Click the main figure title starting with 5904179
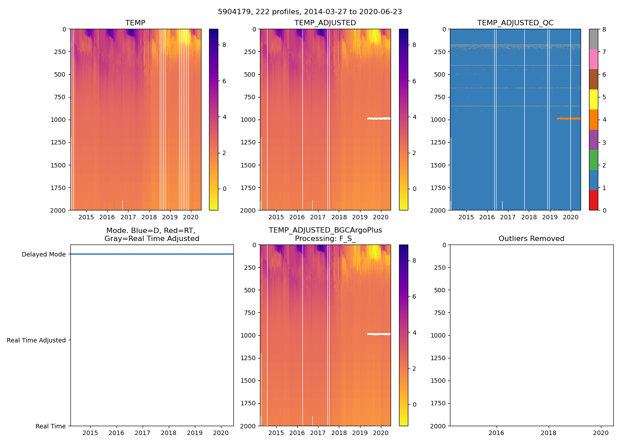[x=310, y=12]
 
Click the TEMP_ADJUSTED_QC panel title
[x=515, y=23]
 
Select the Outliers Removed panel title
[x=531, y=238]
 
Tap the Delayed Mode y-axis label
[x=43, y=254]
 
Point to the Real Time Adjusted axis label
[x=36, y=340]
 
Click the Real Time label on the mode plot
[x=50, y=426]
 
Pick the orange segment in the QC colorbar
[x=593, y=120]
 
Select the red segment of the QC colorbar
[x=593, y=200]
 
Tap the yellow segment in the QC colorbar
[x=593, y=100]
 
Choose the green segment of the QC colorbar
[x=593, y=160]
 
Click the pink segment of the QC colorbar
[x=593, y=59]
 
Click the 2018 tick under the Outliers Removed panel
[x=548, y=433]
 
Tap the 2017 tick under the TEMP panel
[x=128, y=217]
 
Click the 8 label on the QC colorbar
[x=604, y=29]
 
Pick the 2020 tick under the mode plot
[x=221, y=433]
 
